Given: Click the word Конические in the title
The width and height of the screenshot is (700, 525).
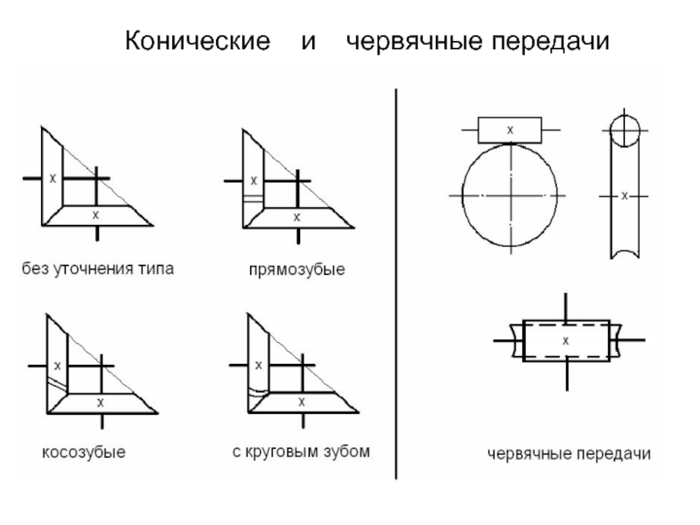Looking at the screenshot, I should pos(196,43).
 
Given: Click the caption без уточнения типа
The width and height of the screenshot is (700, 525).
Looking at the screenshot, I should pos(98,269).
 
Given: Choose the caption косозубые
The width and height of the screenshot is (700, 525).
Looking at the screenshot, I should pos(84,452).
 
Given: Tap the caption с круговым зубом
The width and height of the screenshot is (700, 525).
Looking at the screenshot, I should pos(301,451).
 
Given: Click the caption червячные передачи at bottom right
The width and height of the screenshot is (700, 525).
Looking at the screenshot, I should pos(569,453).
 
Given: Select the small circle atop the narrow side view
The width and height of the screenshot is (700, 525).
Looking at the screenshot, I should pos(625,132).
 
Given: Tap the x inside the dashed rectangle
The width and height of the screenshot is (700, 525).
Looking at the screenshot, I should pos(566,339).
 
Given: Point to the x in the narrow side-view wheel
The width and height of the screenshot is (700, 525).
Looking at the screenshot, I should pos(624,197).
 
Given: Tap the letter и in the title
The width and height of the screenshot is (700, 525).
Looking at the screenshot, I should pos(308,43).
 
